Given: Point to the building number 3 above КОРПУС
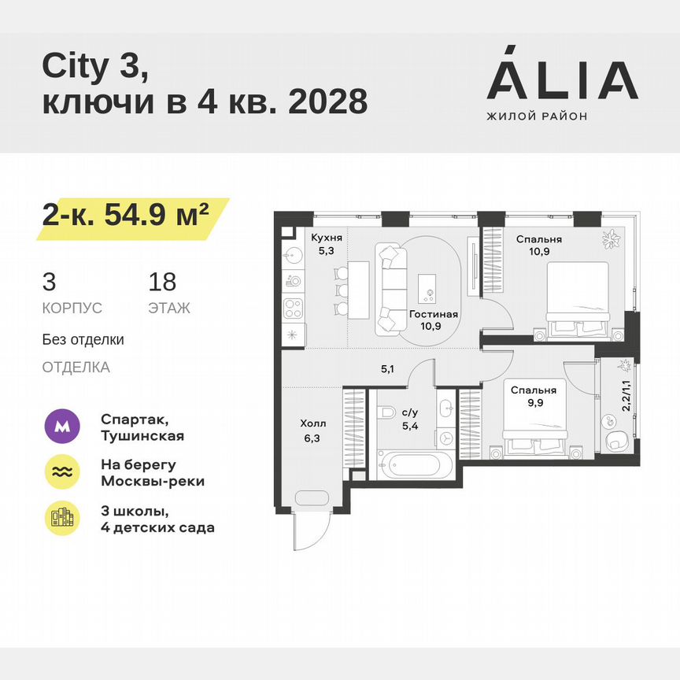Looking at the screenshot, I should click(x=49, y=282).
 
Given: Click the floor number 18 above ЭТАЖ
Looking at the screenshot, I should click(x=162, y=282).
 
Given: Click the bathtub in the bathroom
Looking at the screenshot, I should click(x=414, y=462).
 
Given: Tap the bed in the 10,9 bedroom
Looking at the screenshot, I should click(x=577, y=297).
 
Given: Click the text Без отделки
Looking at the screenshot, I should click(x=83, y=340).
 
